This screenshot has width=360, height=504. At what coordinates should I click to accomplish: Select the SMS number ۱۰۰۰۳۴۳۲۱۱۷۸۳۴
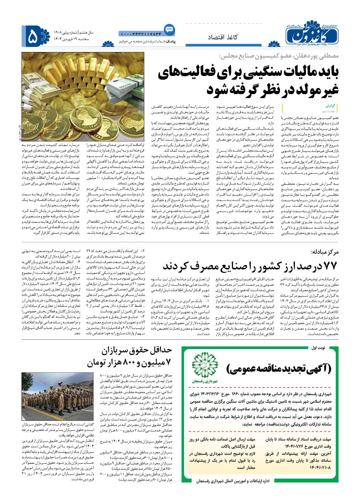click(x=141, y=33)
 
